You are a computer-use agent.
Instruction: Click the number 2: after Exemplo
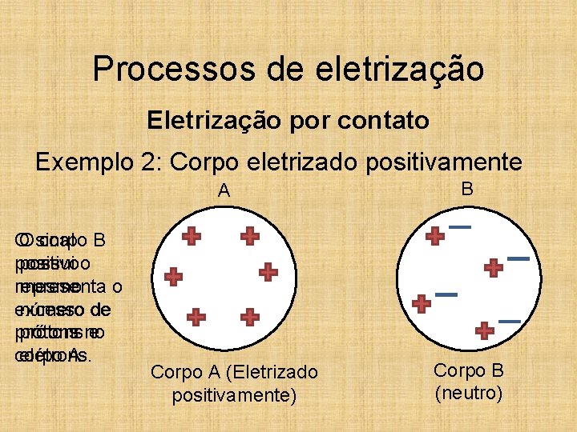click(155, 162)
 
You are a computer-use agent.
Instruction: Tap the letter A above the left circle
click(224, 190)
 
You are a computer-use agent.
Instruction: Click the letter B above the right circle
click(467, 189)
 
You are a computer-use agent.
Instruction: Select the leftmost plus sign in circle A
click(173, 277)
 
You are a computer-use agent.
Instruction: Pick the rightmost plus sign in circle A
click(268, 272)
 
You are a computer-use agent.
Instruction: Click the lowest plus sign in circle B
click(484, 330)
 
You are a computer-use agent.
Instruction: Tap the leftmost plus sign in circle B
click(421, 304)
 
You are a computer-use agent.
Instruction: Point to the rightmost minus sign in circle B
click(518, 258)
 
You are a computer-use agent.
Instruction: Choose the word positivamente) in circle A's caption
click(235, 395)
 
